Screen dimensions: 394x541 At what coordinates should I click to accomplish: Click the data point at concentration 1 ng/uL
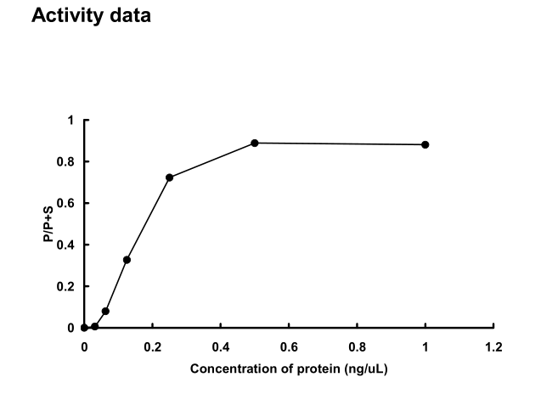pyautogui.click(x=425, y=144)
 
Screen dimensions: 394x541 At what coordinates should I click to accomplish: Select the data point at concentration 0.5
pyautogui.click(x=255, y=143)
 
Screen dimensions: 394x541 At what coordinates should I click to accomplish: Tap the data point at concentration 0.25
pyautogui.click(x=170, y=177)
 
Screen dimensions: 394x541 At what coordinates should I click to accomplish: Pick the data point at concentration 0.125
pyautogui.click(x=127, y=260)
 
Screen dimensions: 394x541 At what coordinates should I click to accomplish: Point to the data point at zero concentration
pyautogui.click(x=84, y=328)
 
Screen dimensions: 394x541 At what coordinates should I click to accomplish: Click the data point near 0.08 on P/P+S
pyautogui.click(x=105, y=311)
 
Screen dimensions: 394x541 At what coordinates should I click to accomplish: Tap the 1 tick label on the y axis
pyautogui.click(x=71, y=120)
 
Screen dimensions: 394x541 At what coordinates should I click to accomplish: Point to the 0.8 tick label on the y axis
pyautogui.click(x=67, y=161)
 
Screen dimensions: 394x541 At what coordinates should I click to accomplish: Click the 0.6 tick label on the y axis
pyautogui.click(x=67, y=203)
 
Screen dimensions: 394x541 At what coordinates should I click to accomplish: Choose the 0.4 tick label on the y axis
pyautogui.click(x=67, y=245)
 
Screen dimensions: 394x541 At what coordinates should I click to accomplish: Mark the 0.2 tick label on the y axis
pyautogui.click(x=67, y=286)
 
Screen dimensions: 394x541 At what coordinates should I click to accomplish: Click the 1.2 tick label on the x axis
pyautogui.click(x=493, y=346)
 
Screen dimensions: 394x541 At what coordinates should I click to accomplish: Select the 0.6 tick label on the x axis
pyautogui.click(x=289, y=346)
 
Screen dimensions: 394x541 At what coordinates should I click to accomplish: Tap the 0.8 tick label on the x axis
pyautogui.click(x=357, y=346)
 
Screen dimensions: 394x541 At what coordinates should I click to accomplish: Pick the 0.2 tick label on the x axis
pyautogui.click(x=152, y=346)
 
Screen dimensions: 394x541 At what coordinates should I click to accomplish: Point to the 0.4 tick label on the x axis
pyautogui.click(x=220, y=346)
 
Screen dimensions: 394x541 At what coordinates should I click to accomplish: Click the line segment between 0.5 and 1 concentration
pyautogui.click(x=340, y=144)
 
